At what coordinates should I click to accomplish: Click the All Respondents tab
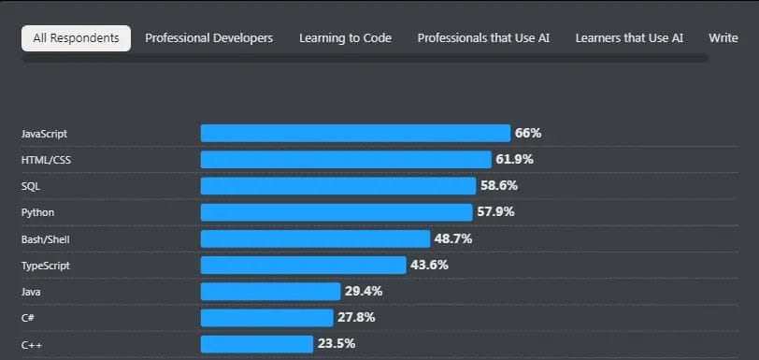pyautogui.click(x=76, y=38)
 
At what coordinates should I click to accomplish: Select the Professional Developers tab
pyautogui.click(x=209, y=38)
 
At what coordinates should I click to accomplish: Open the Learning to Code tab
pyautogui.click(x=345, y=38)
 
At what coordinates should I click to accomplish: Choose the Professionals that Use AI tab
pyautogui.click(x=483, y=38)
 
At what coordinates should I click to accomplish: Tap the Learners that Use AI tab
pyautogui.click(x=629, y=38)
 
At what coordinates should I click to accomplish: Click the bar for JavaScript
pyautogui.click(x=355, y=134)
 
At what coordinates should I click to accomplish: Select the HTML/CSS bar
pyautogui.click(x=346, y=160)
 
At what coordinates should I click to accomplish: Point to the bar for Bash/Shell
pyautogui.click(x=315, y=239)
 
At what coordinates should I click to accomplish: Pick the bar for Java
pyautogui.click(x=270, y=292)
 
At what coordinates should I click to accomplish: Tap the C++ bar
pyautogui.click(x=257, y=344)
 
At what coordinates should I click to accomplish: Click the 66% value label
pyautogui.click(x=528, y=134)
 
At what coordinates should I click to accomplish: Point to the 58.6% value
pyautogui.click(x=498, y=186)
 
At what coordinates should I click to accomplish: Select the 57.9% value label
pyautogui.click(x=495, y=212)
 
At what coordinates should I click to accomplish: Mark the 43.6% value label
pyautogui.click(x=429, y=266)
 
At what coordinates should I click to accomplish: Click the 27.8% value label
pyautogui.click(x=356, y=318)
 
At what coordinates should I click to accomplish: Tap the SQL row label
pyautogui.click(x=31, y=186)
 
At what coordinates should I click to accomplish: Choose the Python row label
pyautogui.click(x=37, y=212)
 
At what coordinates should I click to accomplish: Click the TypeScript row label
pyautogui.click(x=45, y=266)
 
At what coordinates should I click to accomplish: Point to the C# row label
pyautogui.click(x=28, y=318)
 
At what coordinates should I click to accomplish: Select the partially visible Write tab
pyautogui.click(x=723, y=38)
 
